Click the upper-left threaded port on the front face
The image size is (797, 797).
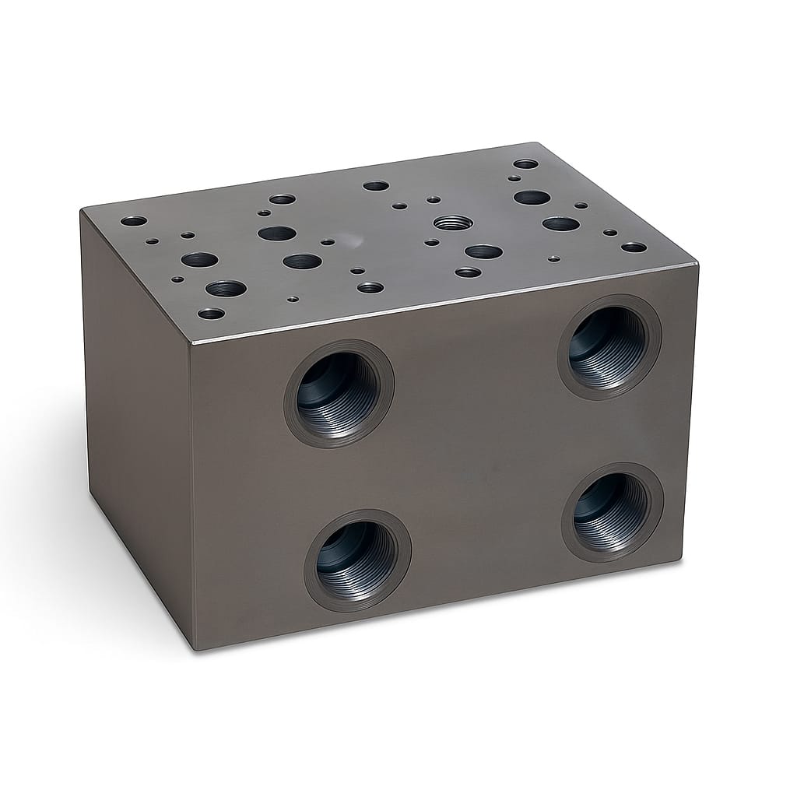tap(339, 393)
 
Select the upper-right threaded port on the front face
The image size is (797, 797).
tap(609, 346)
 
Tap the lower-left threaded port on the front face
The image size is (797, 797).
tap(357, 560)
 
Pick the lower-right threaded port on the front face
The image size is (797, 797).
tap(613, 511)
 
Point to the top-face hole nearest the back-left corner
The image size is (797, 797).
tap(133, 221)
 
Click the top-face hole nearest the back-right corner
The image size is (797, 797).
tap(525, 164)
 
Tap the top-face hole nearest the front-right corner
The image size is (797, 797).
tap(634, 248)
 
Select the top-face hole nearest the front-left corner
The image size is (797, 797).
tap(211, 314)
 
